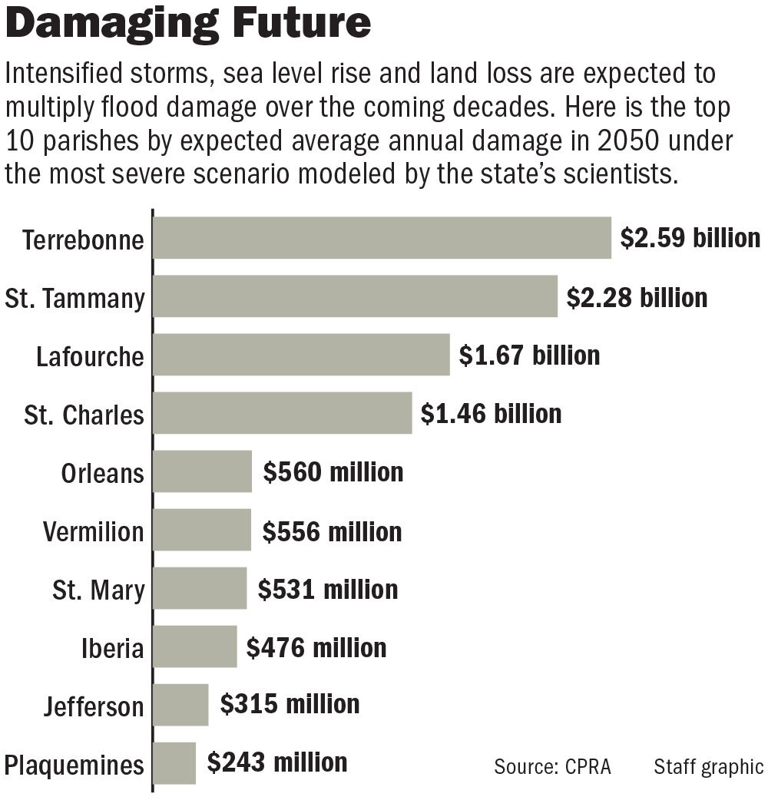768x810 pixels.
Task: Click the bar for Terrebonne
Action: tap(382, 238)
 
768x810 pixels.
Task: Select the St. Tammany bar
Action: tap(355, 296)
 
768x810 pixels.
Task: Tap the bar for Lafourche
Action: tap(301, 355)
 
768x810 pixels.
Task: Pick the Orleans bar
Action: tap(202, 471)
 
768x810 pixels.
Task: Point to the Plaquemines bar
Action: tap(174, 763)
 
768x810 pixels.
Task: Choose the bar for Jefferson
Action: tap(180, 705)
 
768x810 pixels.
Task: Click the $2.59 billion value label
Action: tap(690, 238)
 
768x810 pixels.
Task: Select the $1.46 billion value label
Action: tap(491, 414)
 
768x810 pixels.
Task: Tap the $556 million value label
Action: tap(332, 531)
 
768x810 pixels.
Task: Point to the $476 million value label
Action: tap(316, 647)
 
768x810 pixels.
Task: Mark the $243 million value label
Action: tap(277, 762)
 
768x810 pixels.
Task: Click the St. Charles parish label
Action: tap(84, 415)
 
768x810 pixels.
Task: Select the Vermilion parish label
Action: tap(93, 532)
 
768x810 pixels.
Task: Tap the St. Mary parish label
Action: tap(98, 590)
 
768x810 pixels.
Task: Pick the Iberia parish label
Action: tap(112, 649)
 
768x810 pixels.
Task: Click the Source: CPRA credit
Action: tap(552, 766)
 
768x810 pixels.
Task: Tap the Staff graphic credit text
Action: tap(708, 766)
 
